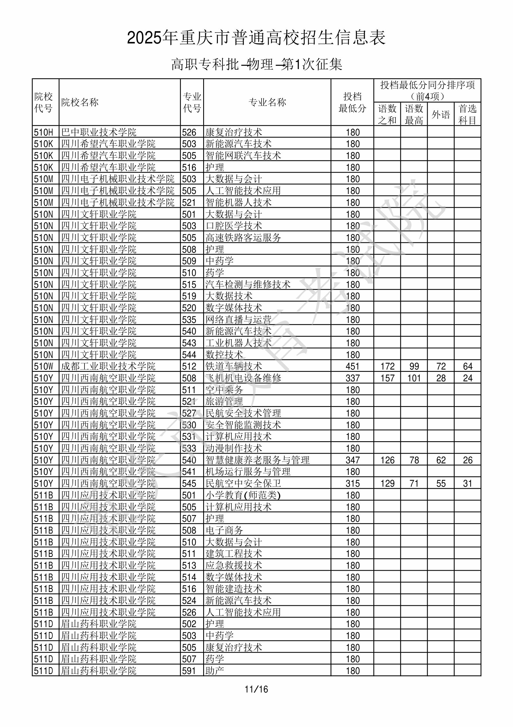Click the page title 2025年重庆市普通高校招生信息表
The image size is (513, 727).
tap(256, 38)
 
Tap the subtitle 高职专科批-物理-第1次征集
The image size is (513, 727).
tap(256, 64)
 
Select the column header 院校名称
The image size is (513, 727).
tap(80, 102)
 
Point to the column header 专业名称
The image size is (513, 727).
tap(267, 102)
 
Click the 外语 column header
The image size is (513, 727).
tap(441, 114)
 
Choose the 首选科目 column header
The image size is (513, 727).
tap(468, 114)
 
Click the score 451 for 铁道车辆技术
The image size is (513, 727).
tap(352, 366)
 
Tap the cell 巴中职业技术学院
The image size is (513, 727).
tap(99, 132)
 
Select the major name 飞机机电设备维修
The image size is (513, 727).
tap(243, 378)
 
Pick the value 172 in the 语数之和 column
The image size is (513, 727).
tap(387, 366)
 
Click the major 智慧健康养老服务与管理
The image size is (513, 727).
tap(257, 460)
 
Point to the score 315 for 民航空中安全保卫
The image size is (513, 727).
tap(352, 484)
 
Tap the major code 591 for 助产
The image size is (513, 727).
tap(189, 671)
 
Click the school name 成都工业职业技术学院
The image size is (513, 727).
tap(108, 366)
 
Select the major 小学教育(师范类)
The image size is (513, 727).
tap(243, 495)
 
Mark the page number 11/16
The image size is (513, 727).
tap(256, 689)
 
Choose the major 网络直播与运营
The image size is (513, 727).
tap(238, 319)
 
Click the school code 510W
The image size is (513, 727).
tap(44, 366)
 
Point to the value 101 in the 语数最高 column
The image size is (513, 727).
tap(414, 378)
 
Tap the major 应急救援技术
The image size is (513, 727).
tap(233, 566)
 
